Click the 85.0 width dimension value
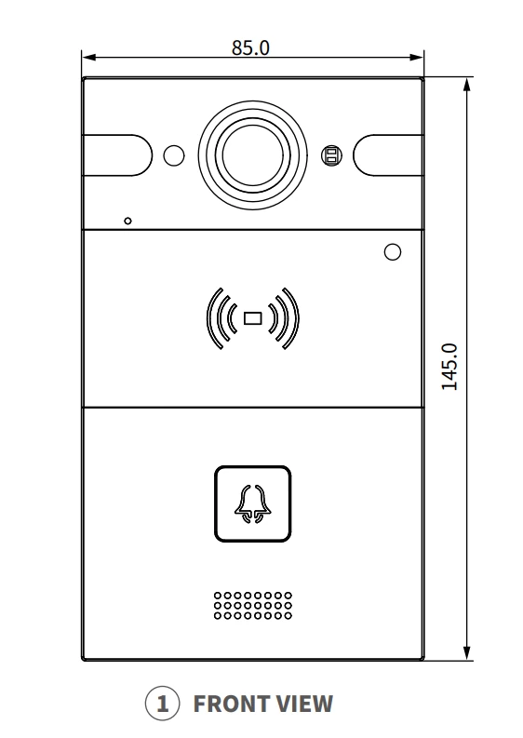(250, 47)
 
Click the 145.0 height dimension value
(449, 367)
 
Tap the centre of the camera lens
(253, 155)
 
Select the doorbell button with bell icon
(253, 503)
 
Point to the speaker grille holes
(253, 605)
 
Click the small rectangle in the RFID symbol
(253, 318)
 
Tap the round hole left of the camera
(174, 155)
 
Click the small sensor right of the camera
(332, 155)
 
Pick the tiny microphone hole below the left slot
(127, 221)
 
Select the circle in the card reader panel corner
(393, 252)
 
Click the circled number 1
(163, 704)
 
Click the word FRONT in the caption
(230, 704)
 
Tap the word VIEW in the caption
(304, 704)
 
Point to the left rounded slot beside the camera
(117, 155)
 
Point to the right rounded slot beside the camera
(388, 155)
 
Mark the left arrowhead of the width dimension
(89, 58)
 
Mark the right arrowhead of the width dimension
(417, 58)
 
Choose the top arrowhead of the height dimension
(467, 86)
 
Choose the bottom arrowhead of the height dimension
(467, 652)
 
